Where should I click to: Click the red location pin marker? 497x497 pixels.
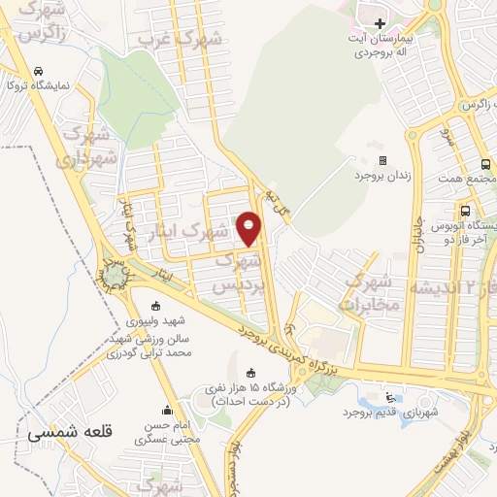(x=250, y=228)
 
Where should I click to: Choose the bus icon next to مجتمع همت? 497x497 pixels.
(x=485, y=164)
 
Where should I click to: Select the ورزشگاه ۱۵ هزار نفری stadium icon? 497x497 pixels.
(x=251, y=374)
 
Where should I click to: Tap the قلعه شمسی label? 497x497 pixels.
(x=70, y=434)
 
